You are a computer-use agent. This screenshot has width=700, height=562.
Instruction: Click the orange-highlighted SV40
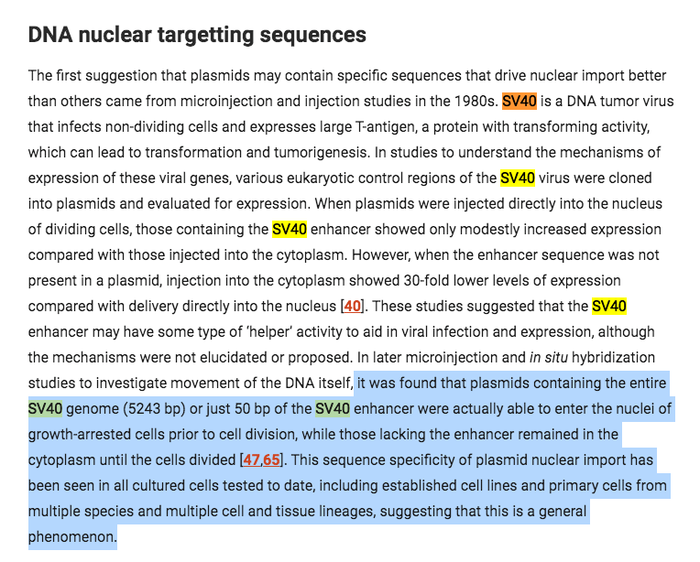[x=519, y=101]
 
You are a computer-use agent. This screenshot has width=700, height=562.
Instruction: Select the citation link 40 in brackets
[x=351, y=306]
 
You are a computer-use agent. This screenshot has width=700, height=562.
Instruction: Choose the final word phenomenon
[x=72, y=536]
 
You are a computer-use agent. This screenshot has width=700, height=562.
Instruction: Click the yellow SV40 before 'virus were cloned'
[x=518, y=178]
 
